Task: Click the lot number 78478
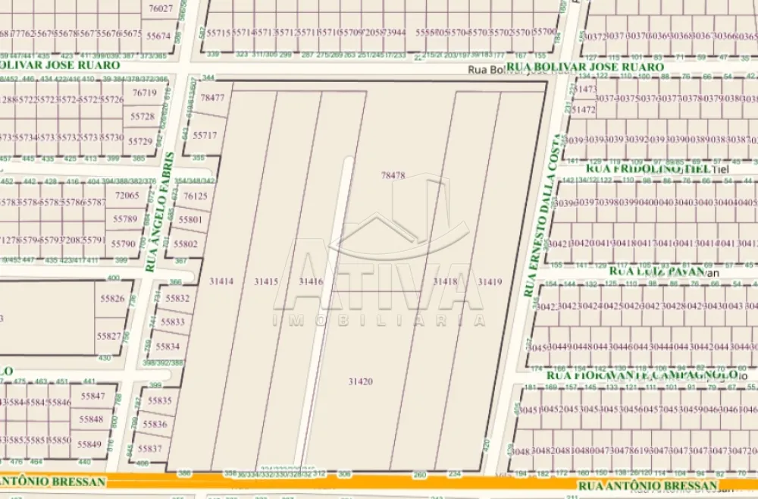point(393,175)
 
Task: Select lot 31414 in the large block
point(221,281)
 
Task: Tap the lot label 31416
point(311,281)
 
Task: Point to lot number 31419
point(490,281)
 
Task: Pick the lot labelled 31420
point(360,381)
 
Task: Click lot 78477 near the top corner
point(212,98)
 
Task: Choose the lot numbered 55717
point(205,135)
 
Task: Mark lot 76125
point(195,196)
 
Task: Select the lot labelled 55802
point(185,244)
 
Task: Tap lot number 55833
point(173,322)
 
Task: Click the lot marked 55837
point(150,448)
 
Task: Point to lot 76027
point(161,9)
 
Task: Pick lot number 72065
point(127,195)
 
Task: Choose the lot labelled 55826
point(111,298)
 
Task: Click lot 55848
point(91,419)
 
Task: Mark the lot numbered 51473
point(585,89)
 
